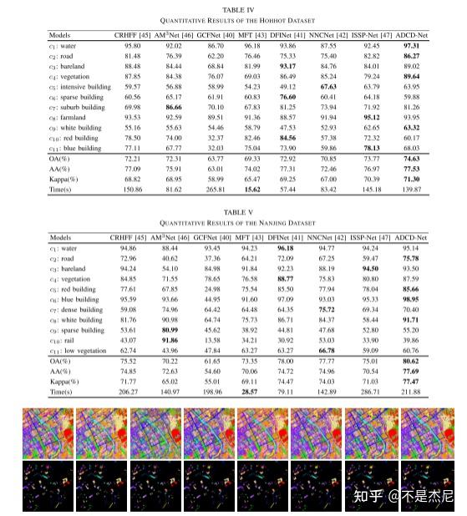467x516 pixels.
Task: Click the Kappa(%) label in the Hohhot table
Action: point(65,180)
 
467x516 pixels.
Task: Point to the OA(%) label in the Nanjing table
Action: point(60,362)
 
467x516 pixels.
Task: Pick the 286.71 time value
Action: point(369,391)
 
